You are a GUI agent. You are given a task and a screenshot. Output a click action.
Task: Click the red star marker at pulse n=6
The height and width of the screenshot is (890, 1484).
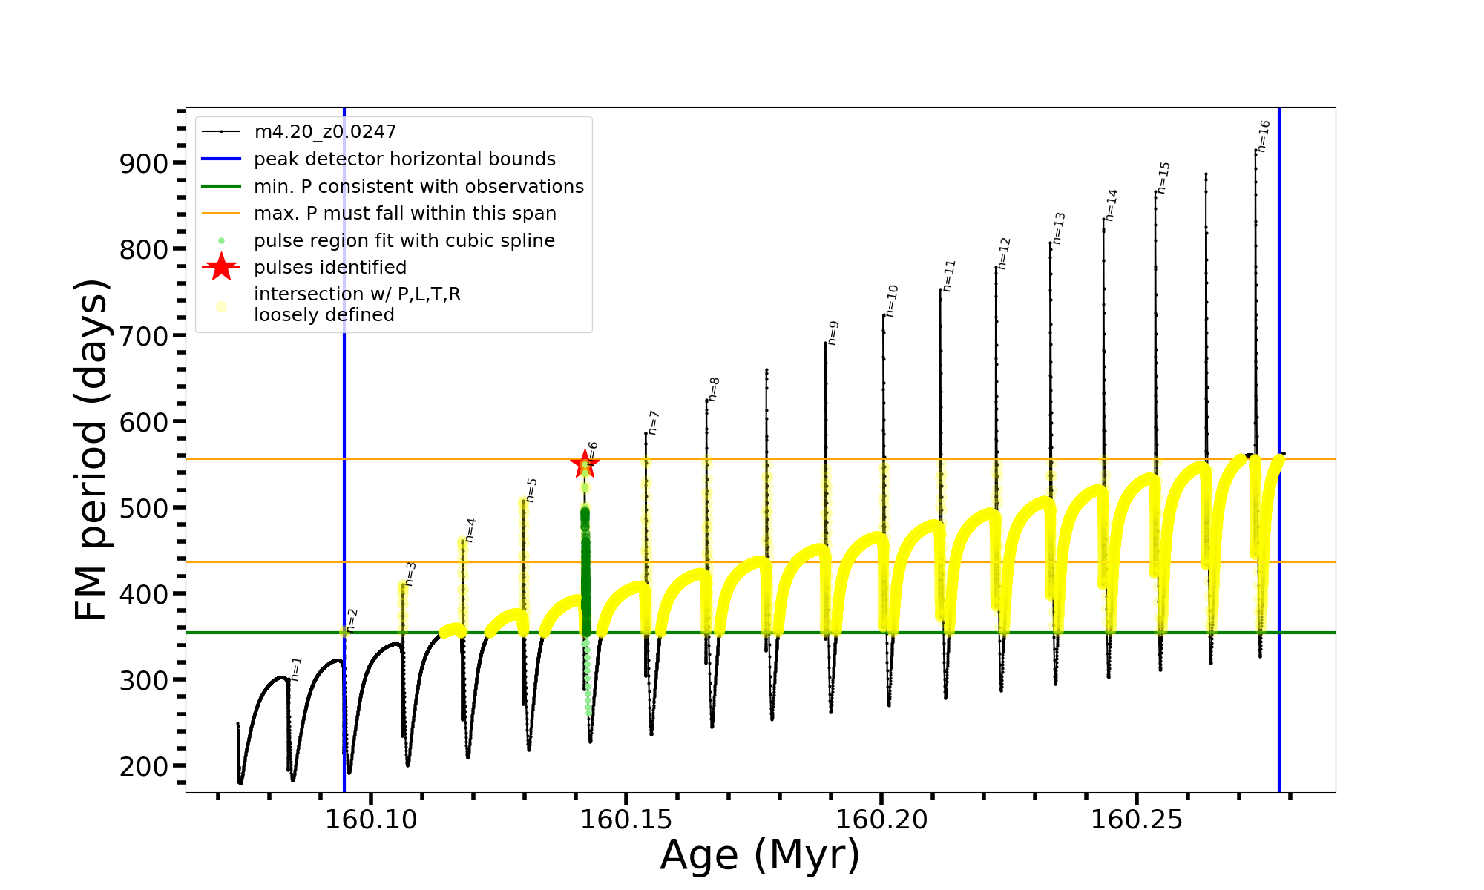pyautogui.click(x=585, y=464)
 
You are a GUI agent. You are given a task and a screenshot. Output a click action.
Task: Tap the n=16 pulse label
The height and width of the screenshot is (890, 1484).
pyautogui.click(x=1264, y=136)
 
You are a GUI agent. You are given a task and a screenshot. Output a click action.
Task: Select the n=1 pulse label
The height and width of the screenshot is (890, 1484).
pyautogui.click(x=297, y=668)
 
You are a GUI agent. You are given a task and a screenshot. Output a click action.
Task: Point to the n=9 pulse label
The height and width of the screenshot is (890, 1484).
pyautogui.click(x=833, y=333)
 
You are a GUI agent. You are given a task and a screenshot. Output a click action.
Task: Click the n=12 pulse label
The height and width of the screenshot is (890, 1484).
pyautogui.click(x=1004, y=253)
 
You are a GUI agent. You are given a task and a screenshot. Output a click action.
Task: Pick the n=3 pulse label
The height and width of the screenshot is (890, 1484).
pyautogui.click(x=410, y=574)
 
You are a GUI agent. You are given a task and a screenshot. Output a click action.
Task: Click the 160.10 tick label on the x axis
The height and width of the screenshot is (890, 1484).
pyautogui.click(x=372, y=820)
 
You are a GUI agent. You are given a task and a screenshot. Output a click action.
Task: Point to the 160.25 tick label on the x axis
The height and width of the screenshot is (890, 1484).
pyautogui.click(x=1136, y=820)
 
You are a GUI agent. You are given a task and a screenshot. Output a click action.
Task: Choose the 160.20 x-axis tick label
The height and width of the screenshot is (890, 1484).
pyautogui.click(x=881, y=820)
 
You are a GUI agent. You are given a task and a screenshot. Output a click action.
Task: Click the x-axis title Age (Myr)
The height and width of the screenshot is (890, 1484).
pyautogui.click(x=760, y=855)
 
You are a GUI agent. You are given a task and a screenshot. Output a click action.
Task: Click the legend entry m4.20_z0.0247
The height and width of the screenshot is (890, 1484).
pyautogui.click(x=325, y=132)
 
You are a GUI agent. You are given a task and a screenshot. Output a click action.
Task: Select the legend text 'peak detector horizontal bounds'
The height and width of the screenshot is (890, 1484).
pyautogui.click(x=404, y=159)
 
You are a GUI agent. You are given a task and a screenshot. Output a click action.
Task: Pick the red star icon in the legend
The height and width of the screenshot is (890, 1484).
pyautogui.click(x=221, y=267)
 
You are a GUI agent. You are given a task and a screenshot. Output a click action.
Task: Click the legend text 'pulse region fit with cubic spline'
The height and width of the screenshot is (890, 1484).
pyautogui.click(x=404, y=241)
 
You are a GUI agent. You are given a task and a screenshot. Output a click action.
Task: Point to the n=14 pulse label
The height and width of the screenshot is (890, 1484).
pyautogui.click(x=1111, y=205)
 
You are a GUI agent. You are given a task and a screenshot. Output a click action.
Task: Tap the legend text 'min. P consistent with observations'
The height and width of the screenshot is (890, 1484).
pyautogui.click(x=418, y=187)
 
